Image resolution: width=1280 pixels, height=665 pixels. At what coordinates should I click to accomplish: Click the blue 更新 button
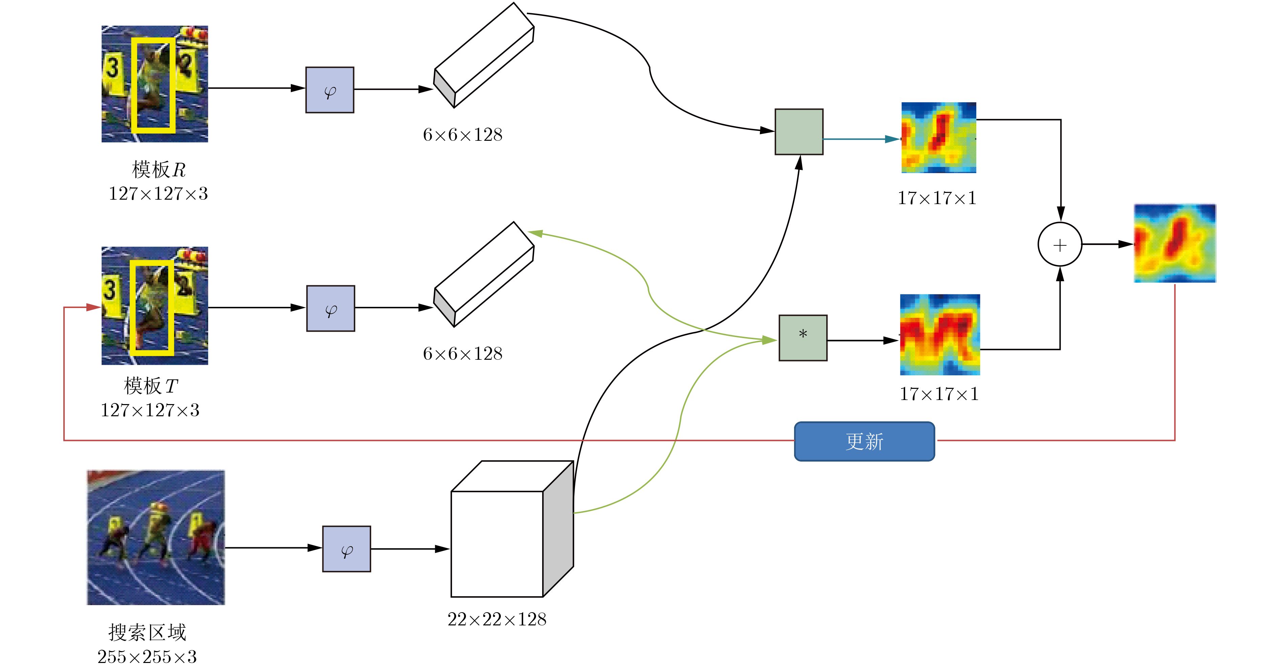coord(864,441)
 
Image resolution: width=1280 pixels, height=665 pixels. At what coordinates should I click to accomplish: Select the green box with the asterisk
coord(803,338)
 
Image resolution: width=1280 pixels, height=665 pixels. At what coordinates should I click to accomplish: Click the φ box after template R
coord(329,90)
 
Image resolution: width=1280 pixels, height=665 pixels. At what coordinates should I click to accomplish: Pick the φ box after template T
coord(330,308)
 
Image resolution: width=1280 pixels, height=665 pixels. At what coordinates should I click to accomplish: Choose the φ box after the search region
coord(346,549)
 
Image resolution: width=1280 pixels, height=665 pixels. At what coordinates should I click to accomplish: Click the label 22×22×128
coord(497,619)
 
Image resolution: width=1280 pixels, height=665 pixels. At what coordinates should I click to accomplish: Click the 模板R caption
coord(158,170)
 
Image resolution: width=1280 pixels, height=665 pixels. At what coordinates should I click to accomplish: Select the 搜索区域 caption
coord(147,632)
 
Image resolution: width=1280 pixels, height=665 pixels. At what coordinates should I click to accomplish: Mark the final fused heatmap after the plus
coord(1175,243)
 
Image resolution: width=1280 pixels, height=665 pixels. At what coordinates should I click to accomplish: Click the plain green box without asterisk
coord(798,132)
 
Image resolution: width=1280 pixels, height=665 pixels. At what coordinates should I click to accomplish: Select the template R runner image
coord(154,84)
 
